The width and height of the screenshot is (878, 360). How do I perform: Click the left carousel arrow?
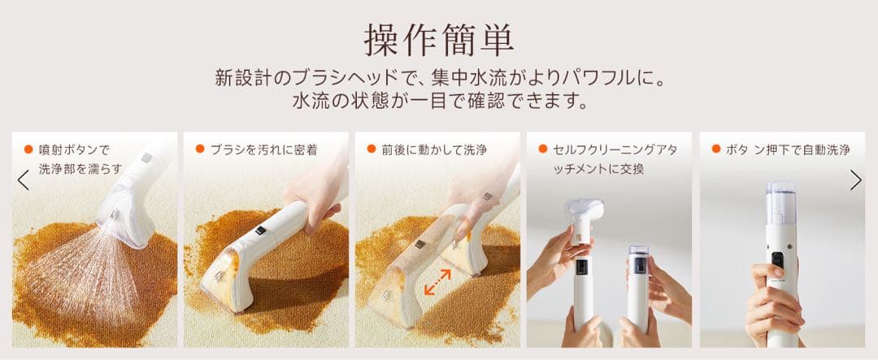point(23,180)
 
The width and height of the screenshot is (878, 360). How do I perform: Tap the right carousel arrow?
point(855,180)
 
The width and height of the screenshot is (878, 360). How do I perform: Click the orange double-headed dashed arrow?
point(437,282)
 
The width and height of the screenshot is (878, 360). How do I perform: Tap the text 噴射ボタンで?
point(74,150)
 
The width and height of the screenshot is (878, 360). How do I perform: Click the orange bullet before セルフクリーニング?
point(542,150)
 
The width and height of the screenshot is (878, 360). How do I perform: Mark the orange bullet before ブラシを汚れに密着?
point(200,150)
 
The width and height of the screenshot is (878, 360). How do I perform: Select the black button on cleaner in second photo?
point(260,231)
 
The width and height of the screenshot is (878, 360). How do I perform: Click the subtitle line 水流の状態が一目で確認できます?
point(438,103)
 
